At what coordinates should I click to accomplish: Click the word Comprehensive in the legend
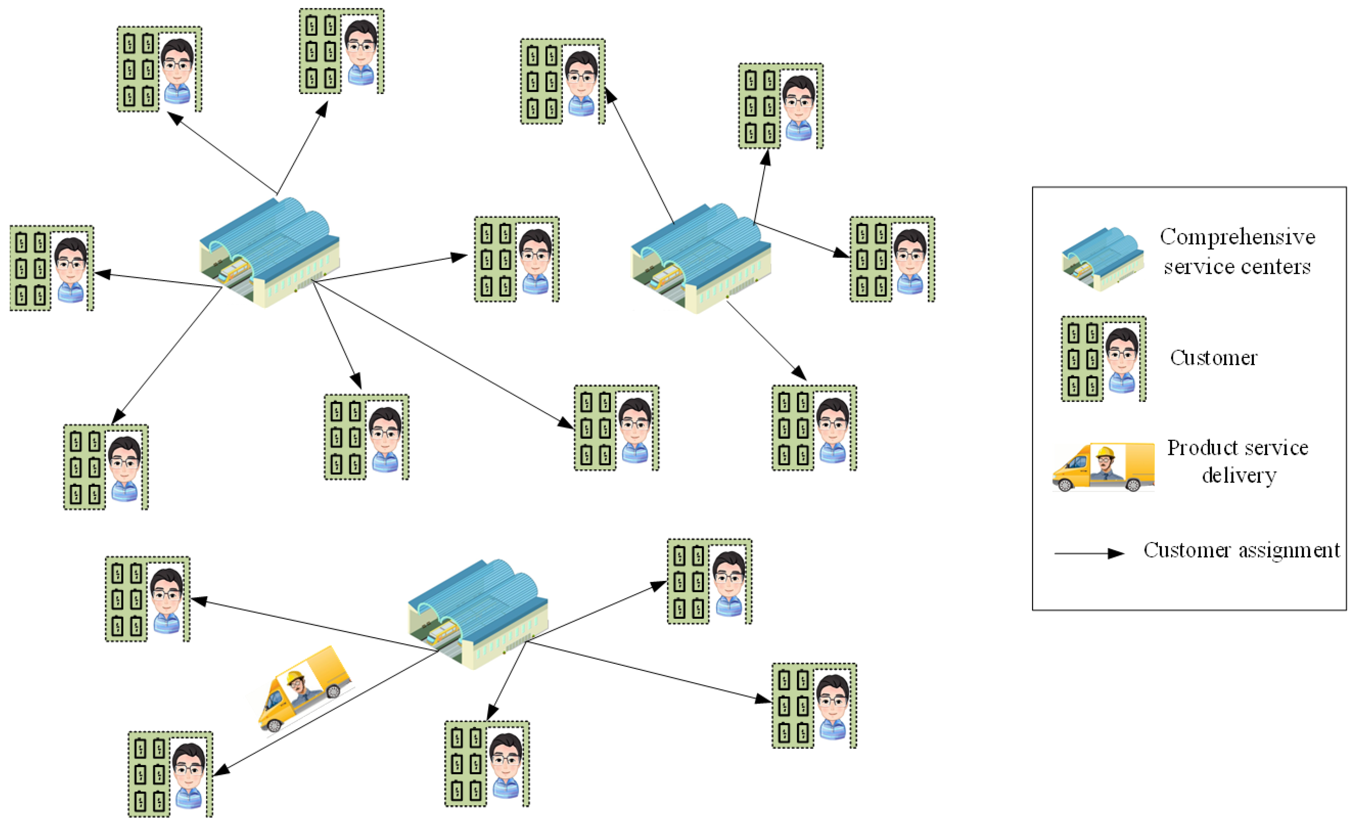pos(1237,237)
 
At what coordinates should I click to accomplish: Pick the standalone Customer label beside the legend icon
pos(1214,358)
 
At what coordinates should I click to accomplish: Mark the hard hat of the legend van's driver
pos(1105,453)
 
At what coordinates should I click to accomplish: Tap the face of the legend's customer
pos(1122,353)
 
